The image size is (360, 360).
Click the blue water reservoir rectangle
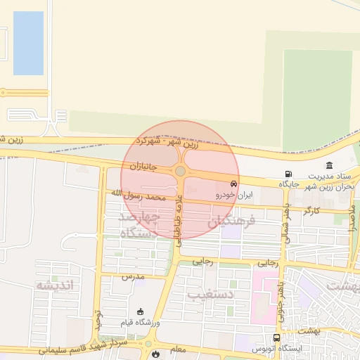tap(28, 43)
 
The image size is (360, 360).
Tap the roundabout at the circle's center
tap(181, 171)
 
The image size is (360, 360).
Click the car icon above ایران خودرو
tap(234, 184)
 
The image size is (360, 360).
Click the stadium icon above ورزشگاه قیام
tap(140, 311)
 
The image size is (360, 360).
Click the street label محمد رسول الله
tap(138, 195)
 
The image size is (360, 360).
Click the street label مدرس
tap(131, 276)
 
